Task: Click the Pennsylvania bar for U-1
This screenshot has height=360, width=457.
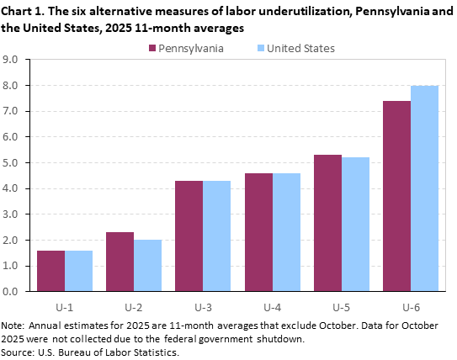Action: pyautogui.click(x=50, y=271)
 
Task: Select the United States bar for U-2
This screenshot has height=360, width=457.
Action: pyautogui.click(x=148, y=266)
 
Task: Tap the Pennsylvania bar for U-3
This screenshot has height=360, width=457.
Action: pyautogui.click(x=189, y=236)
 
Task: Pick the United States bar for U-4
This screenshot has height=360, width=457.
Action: pyautogui.click(x=286, y=232)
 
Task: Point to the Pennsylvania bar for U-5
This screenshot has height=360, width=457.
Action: pyautogui.click(x=327, y=223)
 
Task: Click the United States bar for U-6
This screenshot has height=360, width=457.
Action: pyautogui.click(x=425, y=188)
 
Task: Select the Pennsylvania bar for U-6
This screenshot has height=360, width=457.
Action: pyautogui.click(x=396, y=196)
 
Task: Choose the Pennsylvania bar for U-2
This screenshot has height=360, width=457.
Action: pyautogui.click(x=120, y=262)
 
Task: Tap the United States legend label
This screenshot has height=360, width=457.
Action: pyautogui.click(x=301, y=48)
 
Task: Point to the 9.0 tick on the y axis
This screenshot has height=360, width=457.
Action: pyautogui.click(x=11, y=60)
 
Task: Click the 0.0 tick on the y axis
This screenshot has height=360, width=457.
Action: pyautogui.click(x=11, y=292)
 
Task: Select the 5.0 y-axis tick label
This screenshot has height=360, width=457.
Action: pyautogui.click(x=11, y=163)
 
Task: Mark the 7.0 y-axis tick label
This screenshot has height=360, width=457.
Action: pyautogui.click(x=11, y=111)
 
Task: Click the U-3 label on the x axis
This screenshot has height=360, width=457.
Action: pyautogui.click(x=203, y=304)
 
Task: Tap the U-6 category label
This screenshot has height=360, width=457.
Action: pyautogui.click(x=411, y=304)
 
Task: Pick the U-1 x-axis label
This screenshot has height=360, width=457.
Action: pyautogui.click(x=65, y=304)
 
